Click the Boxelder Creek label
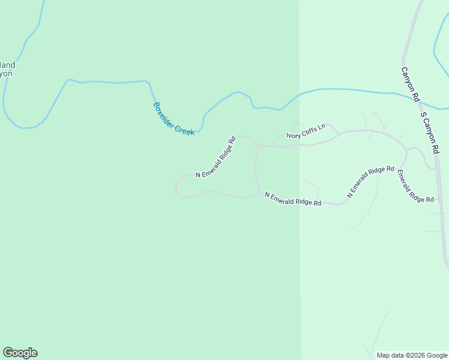pyautogui.click(x=173, y=118)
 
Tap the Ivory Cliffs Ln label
pyautogui.click(x=306, y=131)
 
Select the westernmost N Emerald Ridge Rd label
pyautogui.click(x=215, y=157)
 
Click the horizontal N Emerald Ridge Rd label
pyautogui.click(x=293, y=199)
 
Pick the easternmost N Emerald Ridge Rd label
pyautogui.click(x=370, y=182)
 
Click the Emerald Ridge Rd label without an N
pyautogui.click(x=415, y=186)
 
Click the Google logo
pyautogui.click(x=20, y=353)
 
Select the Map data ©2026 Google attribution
pyautogui.click(x=412, y=355)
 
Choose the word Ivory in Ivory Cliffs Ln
pyautogui.click(x=293, y=134)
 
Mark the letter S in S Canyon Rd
pyautogui.click(x=423, y=115)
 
